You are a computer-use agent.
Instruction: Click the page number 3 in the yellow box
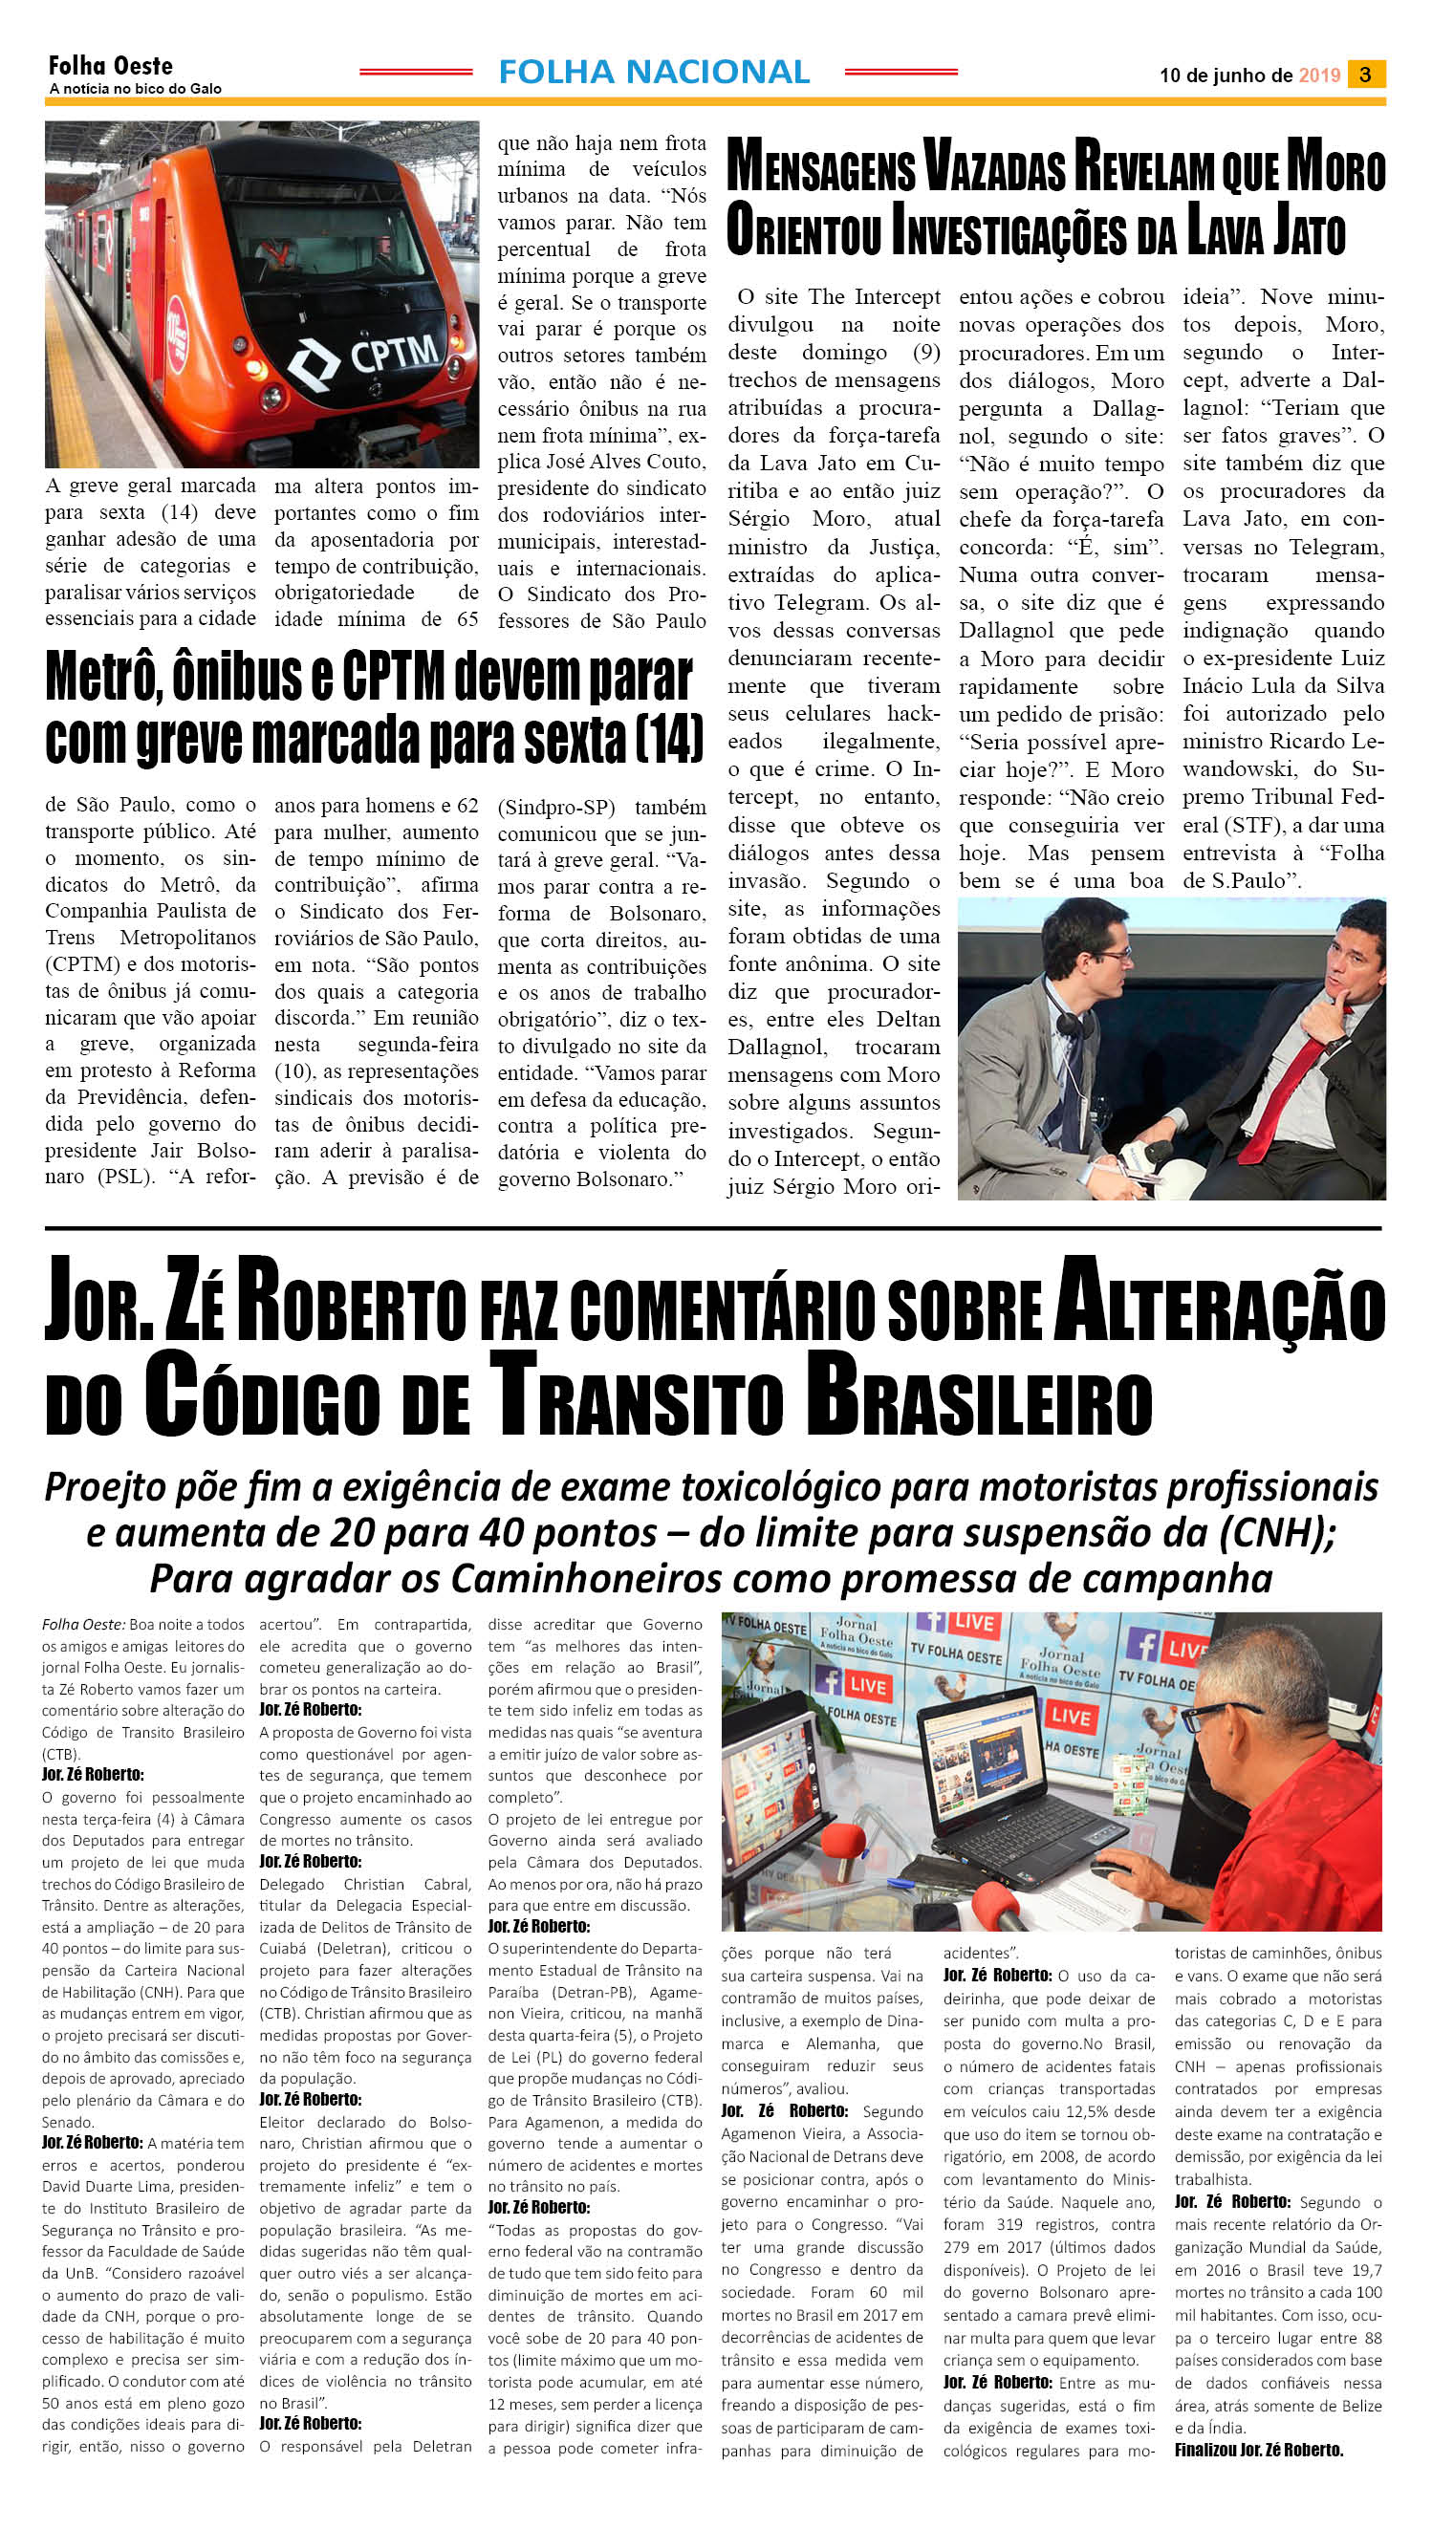coord(1365,74)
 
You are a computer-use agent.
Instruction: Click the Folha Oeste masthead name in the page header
coord(110,66)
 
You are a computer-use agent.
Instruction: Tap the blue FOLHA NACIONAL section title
coord(654,72)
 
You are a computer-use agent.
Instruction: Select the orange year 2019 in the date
coord(1319,76)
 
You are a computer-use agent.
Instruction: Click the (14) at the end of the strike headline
coord(669,740)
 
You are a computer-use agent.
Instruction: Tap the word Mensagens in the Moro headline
coord(820,168)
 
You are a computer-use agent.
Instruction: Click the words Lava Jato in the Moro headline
coord(1266,231)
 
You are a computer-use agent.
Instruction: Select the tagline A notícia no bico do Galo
coord(136,90)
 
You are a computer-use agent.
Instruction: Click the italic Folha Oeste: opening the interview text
coord(83,1626)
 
